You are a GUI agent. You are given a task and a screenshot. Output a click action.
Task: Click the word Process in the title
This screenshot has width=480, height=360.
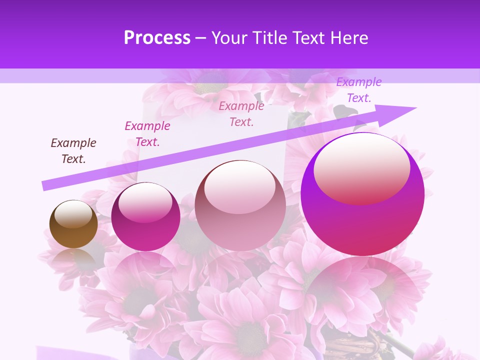click(x=157, y=38)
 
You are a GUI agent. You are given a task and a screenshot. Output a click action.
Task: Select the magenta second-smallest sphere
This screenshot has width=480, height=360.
click(x=145, y=216)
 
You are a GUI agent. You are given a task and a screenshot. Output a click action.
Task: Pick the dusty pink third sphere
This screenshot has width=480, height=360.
click(x=240, y=205)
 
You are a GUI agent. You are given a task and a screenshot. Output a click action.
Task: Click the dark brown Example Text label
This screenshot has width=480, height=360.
click(x=73, y=151)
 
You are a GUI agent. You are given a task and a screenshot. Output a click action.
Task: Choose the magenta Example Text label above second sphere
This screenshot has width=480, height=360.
click(x=147, y=134)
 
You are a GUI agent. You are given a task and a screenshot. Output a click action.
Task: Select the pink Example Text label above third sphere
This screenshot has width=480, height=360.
click(x=241, y=113)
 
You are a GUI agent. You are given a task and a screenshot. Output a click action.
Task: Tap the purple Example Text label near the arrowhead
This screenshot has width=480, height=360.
click(x=359, y=90)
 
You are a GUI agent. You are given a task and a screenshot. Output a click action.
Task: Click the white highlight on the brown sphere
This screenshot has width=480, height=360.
click(x=73, y=214)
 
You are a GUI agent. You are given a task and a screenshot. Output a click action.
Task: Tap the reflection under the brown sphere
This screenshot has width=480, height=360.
click(x=73, y=257)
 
